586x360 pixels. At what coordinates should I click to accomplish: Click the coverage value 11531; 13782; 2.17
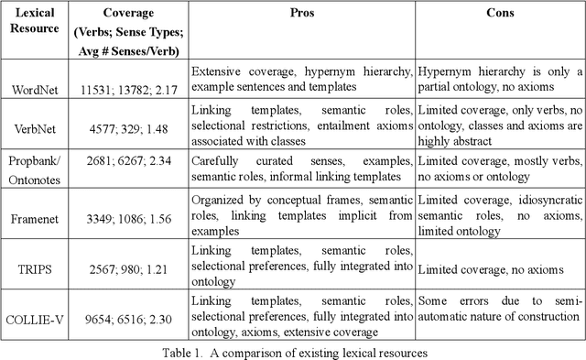(x=128, y=90)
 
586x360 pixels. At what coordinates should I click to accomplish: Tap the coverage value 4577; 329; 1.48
(x=128, y=132)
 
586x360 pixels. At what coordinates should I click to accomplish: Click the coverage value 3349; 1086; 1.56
(x=128, y=217)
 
